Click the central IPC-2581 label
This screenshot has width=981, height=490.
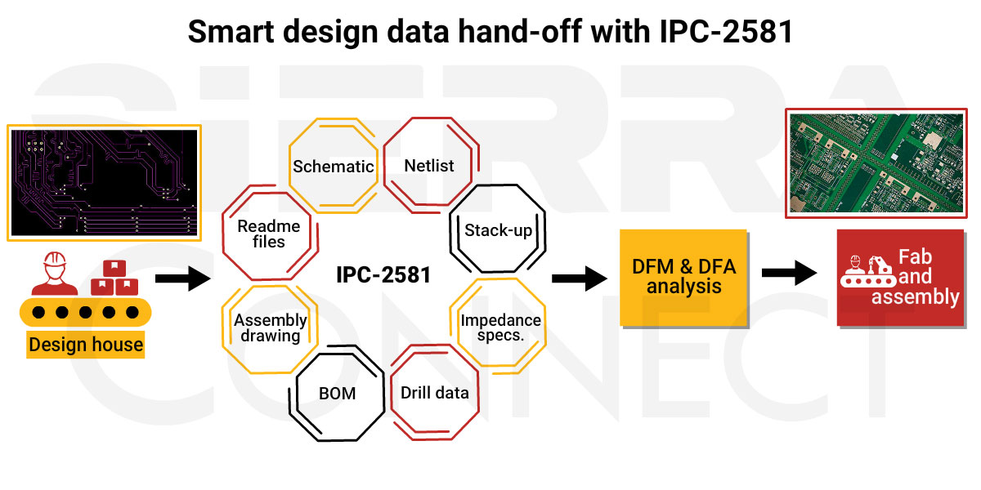click(383, 274)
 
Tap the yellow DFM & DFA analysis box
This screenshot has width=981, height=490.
click(683, 278)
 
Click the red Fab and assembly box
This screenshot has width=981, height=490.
click(901, 278)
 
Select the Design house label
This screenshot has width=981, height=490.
click(86, 345)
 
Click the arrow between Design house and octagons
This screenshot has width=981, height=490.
click(182, 278)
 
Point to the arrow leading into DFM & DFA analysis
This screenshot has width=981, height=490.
click(580, 278)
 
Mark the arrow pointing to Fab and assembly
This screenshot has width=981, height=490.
click(789, 273)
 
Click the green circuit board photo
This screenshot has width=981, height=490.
click(876, 163)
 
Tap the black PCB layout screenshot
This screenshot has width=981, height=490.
click(105, 183)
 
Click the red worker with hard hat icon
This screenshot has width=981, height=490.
click(54, 274)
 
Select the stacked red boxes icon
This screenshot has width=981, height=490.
click(114, 278)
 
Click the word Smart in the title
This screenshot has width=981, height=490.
click(231, 32)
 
